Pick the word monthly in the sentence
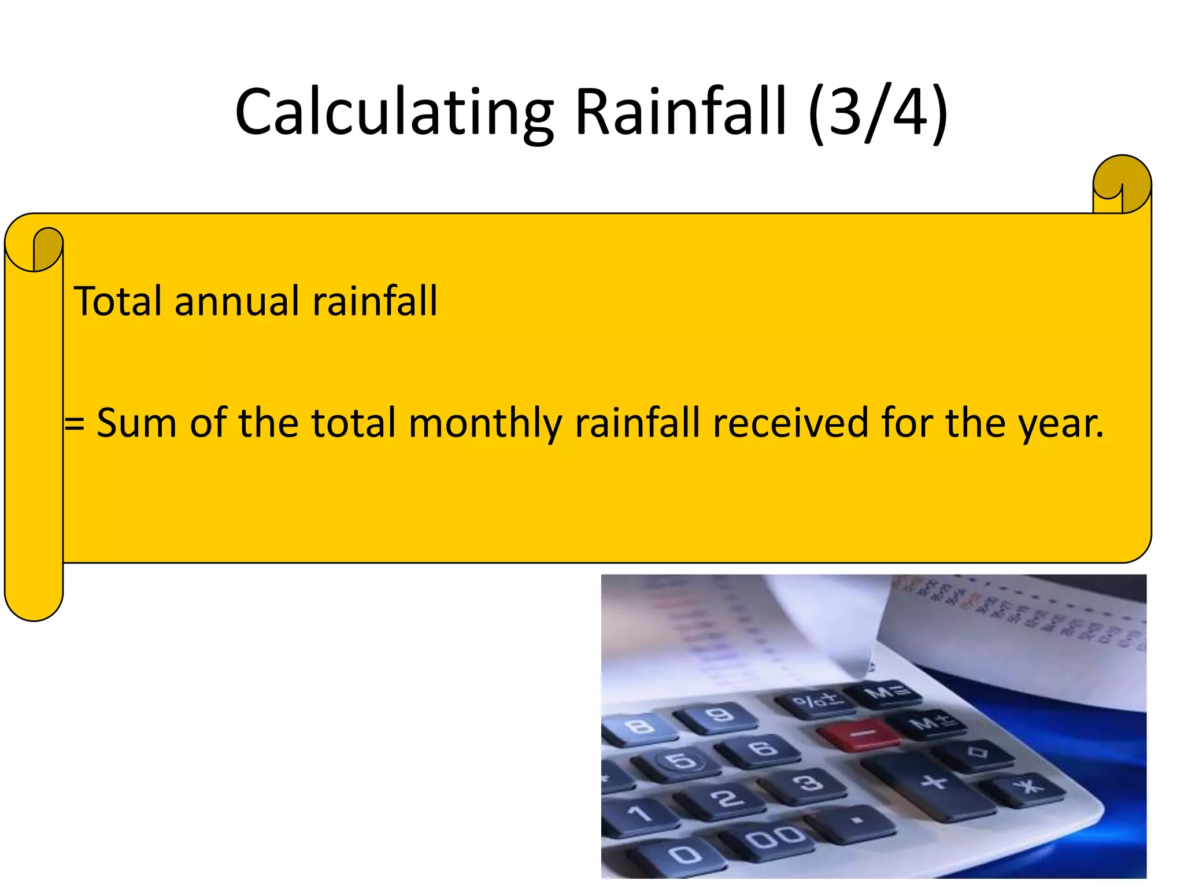(485, 424)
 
